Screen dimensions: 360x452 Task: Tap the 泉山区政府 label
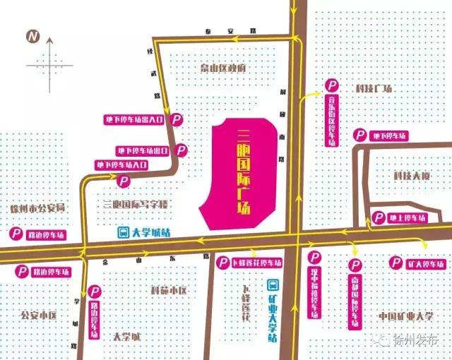(222, 68)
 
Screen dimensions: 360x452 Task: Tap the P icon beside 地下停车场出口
(182, 150)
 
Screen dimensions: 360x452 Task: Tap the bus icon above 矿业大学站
(272, 286)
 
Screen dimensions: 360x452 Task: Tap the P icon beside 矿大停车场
(395, 263)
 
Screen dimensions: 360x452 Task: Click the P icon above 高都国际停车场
(355, 265)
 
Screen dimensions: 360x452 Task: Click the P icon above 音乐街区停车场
(331, 85)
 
